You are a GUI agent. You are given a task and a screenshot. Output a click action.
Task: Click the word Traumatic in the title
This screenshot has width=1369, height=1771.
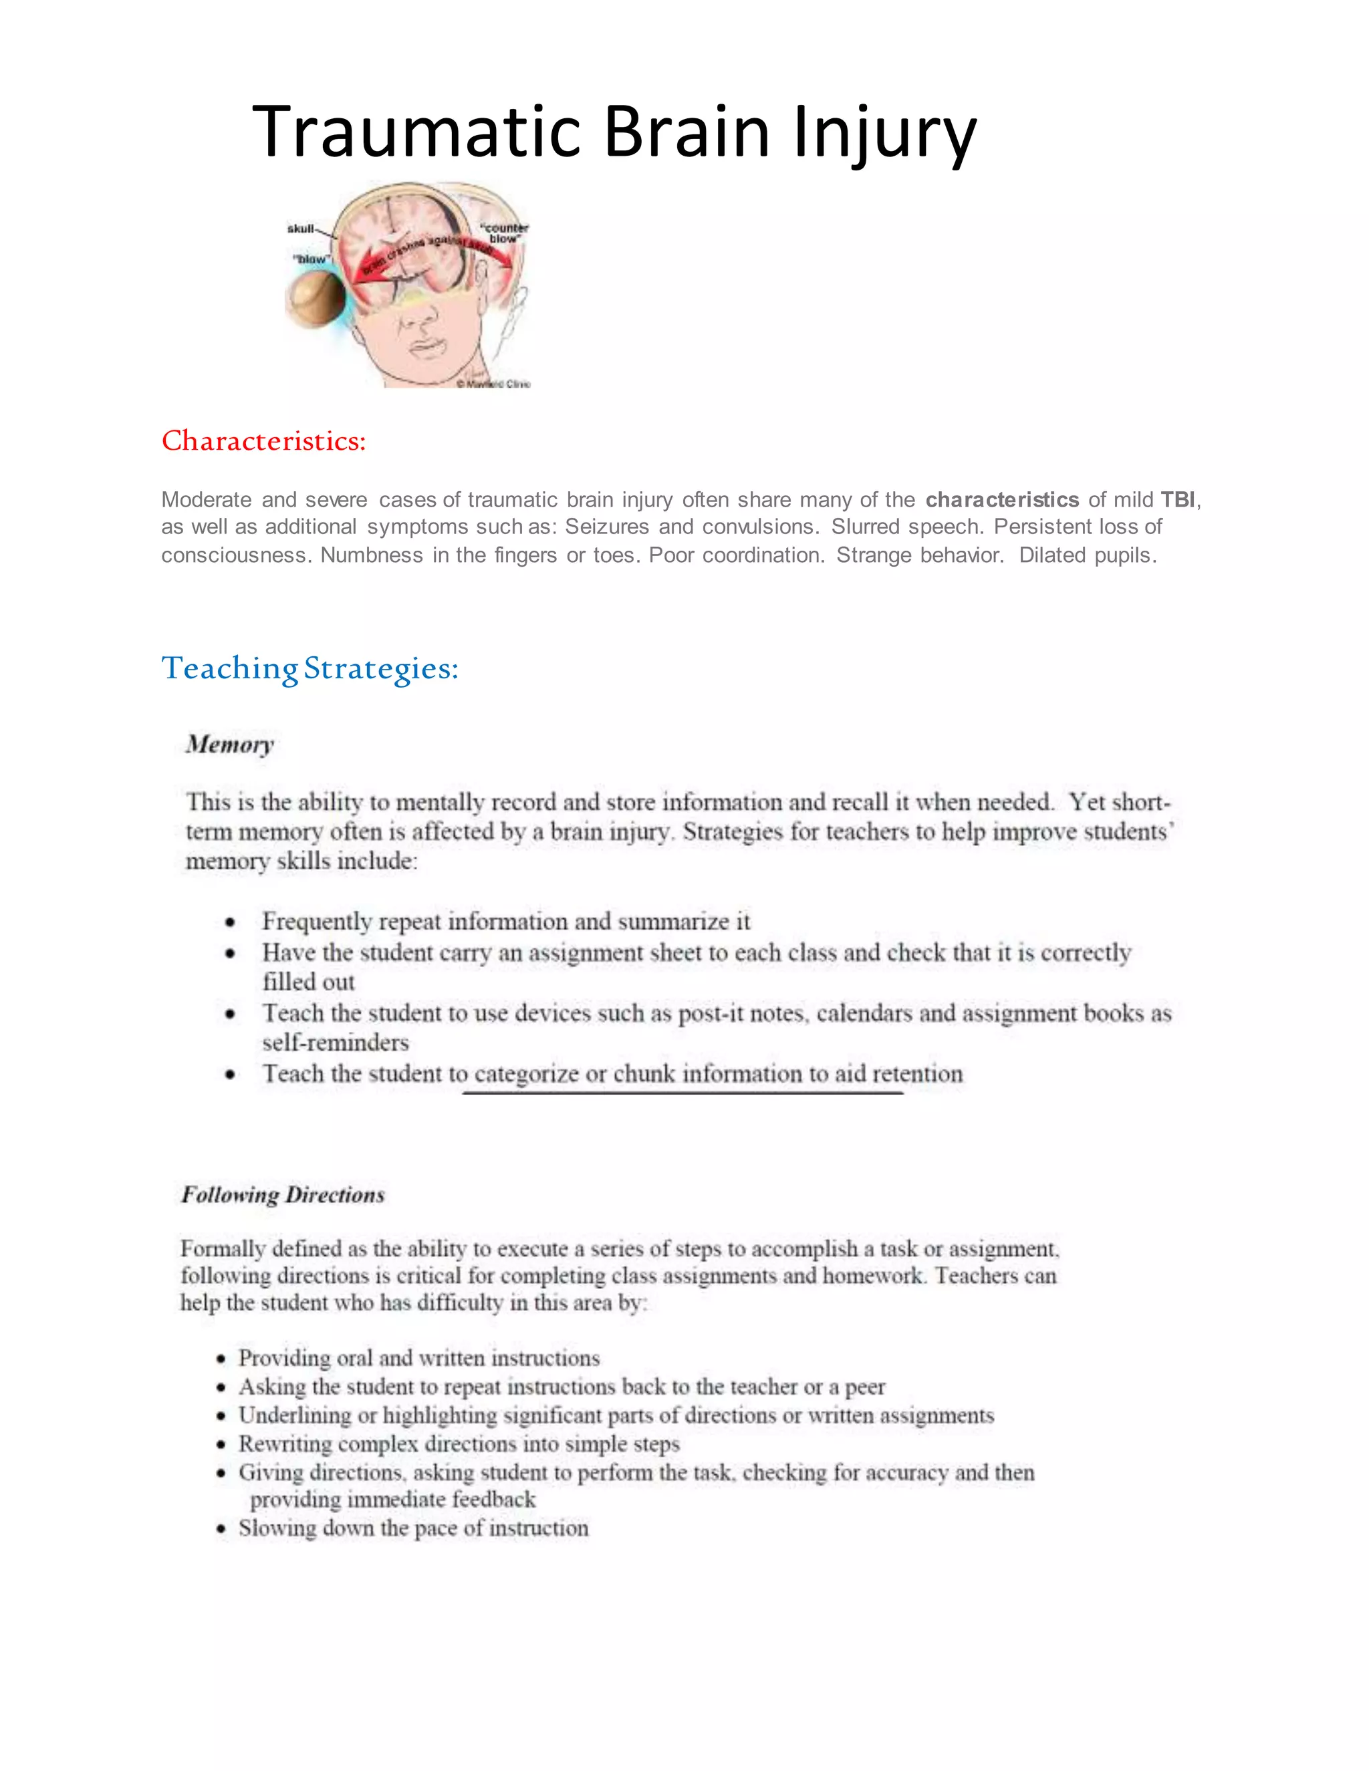[417, 132]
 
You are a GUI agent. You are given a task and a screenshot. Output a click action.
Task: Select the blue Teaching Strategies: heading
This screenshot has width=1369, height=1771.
[309, 668]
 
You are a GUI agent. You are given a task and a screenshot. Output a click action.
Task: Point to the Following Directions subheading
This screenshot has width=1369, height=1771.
[282, 1194]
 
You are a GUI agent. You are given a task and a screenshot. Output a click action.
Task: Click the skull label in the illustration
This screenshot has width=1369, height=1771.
[300, 229]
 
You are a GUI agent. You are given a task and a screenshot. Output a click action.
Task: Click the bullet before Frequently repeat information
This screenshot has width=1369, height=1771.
[231, 923]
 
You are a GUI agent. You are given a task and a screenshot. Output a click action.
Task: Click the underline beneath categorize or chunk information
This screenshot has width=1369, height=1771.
[683, 1093]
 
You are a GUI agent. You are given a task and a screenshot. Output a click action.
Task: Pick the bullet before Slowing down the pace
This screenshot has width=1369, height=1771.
[221, 1528]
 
